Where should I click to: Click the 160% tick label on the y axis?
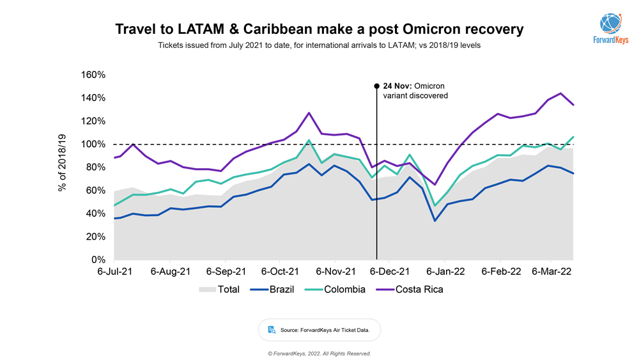pyautogui.click(x=93, y=75)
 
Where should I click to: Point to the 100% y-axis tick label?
pyautogui.click(x=93, y=145)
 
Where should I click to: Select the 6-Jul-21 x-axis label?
pyautogui.click(x=114, y=271)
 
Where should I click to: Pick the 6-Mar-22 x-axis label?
pyautogui.click(x=551, y=271)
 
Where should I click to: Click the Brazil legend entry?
pyautogui.click(x=281, y=290)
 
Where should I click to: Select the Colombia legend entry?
pyautogui.click(x=345, y=290)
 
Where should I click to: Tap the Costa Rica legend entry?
pyautogui.click(x=419, y=290)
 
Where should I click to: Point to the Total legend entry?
pyautogui.click(x=229, y=290)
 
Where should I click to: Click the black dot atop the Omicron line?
pyautogui.click(x=377, y=85)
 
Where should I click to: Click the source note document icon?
pyautogui.click(x=272, y=330)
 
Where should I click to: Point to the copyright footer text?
pyautogui.click(x=319, y=354)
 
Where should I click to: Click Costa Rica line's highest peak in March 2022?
pyautogui.click(x=560, y=93)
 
